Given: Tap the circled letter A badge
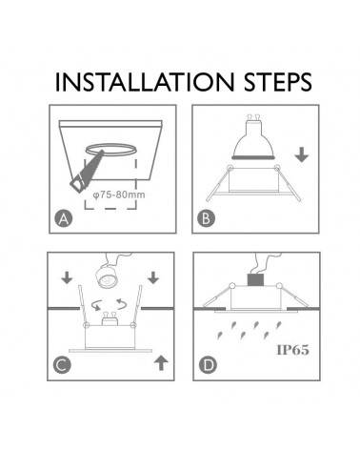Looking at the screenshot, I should [63, 221].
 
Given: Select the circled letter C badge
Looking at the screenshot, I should [63, 363].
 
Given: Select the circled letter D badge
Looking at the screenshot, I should [205, 363].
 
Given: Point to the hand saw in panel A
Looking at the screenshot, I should [87, 175].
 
